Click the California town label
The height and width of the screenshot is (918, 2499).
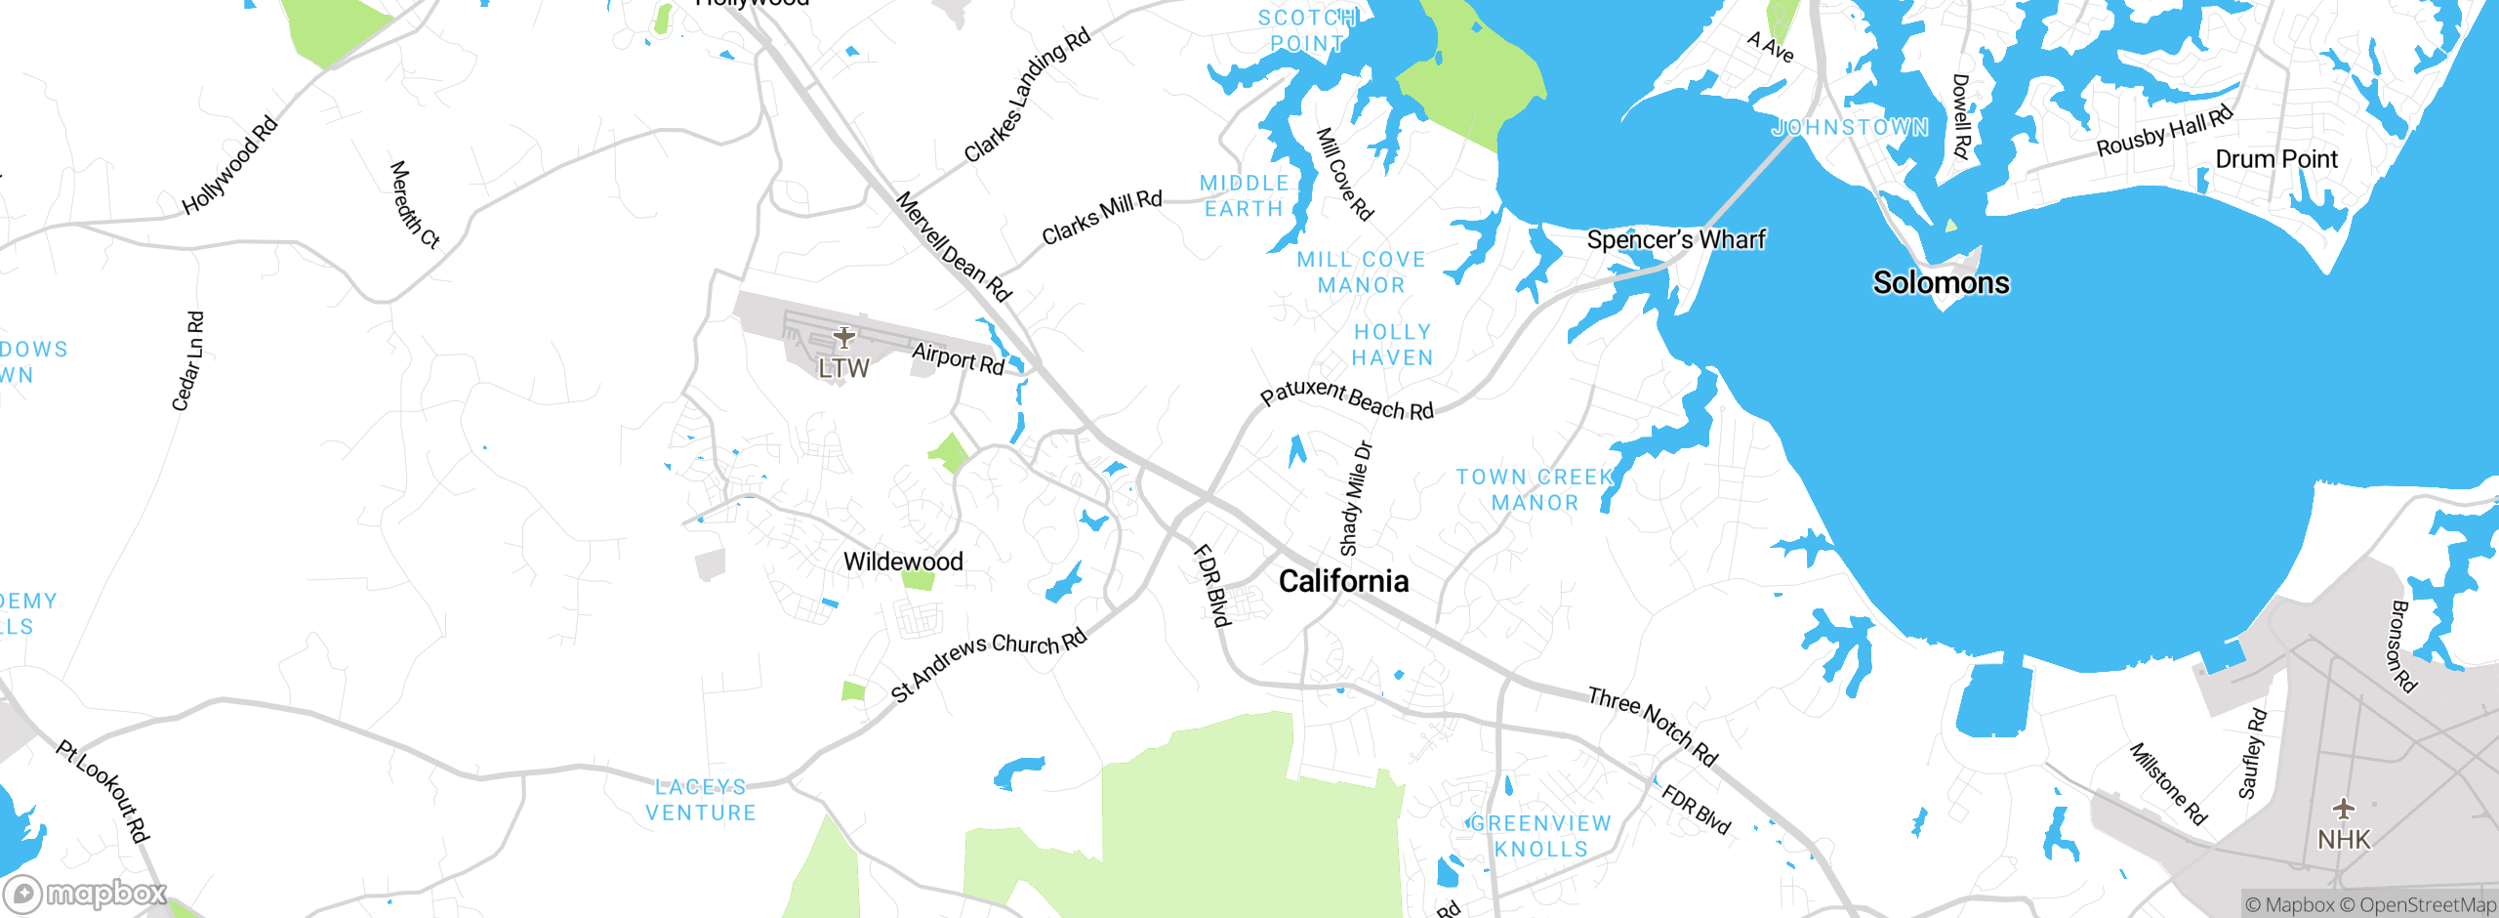[1343, 582]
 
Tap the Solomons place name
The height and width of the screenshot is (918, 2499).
[1941, 283]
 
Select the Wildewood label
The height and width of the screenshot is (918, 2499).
[903, 562]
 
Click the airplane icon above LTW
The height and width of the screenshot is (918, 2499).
[843, 338]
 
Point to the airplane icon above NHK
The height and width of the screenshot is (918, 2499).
[2343, 809]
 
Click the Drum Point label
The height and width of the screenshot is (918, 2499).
[2276, 159]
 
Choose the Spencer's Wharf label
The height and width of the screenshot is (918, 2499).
[1676, 240]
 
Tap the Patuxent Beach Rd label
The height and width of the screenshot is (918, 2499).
[1347, 398]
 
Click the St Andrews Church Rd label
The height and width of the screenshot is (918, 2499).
[989, 663]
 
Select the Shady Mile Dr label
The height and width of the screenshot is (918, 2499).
[1356, 499]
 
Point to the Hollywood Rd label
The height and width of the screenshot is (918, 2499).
[230, 165]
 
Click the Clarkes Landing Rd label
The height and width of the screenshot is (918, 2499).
[1027, 96]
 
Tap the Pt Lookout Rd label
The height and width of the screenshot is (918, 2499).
[102, 791]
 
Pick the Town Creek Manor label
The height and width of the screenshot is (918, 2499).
[1535, 490]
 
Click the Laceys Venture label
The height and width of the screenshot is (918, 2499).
[701, 800]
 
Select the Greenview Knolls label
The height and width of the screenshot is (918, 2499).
[1540, 837]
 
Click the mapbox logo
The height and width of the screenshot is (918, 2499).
[86, 894]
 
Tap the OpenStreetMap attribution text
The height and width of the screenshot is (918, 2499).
[2425, 905]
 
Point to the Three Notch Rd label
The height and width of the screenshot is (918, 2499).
[1653, 726]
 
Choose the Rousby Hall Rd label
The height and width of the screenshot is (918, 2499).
[2164, 133]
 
